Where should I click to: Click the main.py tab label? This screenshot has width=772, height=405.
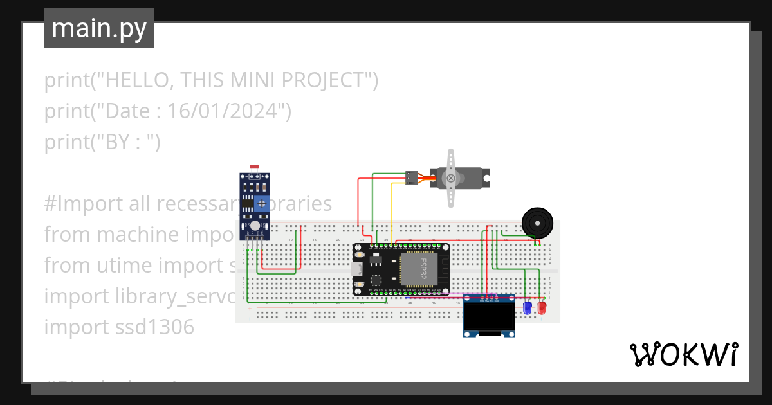(99, 28)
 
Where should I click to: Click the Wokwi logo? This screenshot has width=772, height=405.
(683, 354)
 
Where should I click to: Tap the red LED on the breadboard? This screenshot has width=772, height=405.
(541, 309)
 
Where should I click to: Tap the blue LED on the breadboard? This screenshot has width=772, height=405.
(528, 309)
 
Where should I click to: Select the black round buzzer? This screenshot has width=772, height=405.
(537, 222)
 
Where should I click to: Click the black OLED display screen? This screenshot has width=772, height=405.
(489, 316)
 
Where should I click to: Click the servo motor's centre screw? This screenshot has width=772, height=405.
(451, 178)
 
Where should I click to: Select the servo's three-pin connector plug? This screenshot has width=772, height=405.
(412, 178)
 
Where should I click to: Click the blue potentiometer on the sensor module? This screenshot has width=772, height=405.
(262, 204)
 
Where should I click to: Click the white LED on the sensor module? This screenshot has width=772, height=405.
(255, 226)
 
